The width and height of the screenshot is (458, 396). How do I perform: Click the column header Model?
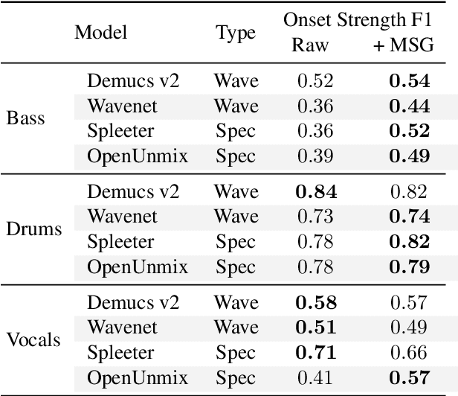coord(100,33)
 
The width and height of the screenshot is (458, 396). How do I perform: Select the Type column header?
coord(236,33)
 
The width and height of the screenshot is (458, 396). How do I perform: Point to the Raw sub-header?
coord(310,45)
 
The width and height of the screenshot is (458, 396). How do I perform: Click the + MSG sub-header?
coord(401,45)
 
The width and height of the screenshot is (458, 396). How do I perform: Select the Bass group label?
coord(26,118)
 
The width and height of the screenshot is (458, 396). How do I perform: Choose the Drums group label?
coord(33,229)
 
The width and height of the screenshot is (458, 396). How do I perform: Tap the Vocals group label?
coord(33,339)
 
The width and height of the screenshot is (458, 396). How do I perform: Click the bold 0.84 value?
coord(315,192)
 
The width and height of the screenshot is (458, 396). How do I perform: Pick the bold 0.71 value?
coord(315,352)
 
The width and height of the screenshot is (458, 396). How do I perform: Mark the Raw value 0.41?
coord(315,377)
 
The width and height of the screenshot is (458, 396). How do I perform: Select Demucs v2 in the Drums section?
coord(133,191)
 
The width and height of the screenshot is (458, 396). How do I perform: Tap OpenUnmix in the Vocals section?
coord(138,377)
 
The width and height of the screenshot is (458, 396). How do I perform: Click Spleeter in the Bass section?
coord(120,131)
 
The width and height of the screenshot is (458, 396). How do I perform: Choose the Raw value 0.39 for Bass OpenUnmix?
coord(315,156)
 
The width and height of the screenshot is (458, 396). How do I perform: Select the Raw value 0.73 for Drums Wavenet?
coord(315,217)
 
